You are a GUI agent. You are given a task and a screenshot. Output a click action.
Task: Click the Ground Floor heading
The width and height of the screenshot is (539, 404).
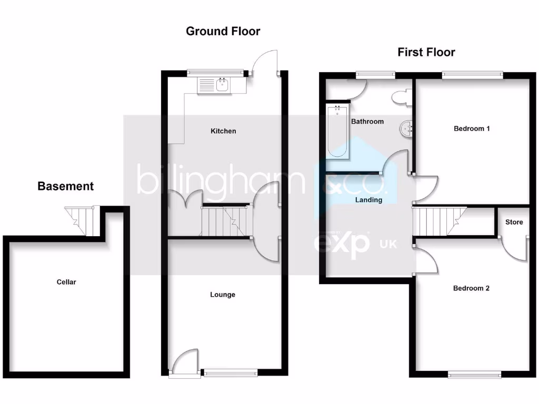(223, 31)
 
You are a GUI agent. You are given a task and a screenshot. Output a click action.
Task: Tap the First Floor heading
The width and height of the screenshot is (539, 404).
(426, 52)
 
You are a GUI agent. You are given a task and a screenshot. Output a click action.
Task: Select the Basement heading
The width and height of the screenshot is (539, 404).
(66, 186)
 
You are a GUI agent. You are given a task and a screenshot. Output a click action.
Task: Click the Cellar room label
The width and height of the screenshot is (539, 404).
(66, 282)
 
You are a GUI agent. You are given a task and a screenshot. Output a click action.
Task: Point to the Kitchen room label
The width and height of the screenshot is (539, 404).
(223, 131)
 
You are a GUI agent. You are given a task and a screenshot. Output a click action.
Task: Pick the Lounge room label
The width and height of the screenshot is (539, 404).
(223, 295)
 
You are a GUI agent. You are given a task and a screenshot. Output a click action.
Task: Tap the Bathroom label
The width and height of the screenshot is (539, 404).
(367, 122)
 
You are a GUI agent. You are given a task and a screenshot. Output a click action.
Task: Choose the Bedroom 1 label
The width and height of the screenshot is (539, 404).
(472, 128)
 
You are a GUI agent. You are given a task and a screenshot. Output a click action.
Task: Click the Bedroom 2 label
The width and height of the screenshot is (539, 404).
(472, 288)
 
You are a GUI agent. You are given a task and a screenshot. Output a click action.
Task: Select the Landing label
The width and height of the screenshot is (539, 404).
(368, 200)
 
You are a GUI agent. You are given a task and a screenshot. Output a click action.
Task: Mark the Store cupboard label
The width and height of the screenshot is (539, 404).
(514, 222)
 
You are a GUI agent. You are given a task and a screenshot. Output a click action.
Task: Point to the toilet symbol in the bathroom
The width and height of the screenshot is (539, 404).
(401, 97)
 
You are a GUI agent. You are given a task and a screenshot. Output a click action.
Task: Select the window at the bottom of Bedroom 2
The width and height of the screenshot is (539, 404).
(474, 375)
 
